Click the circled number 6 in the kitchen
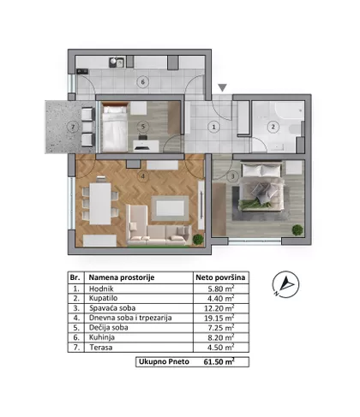tap(143, 82)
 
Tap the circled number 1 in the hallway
tap(213, 127)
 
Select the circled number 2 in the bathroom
tap(273, 127)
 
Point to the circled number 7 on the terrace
tap(73, 127)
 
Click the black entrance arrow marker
tap(222, 87)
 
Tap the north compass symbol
tap(285, 284)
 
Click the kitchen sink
tap(117, 63)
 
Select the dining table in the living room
tap(100, 204)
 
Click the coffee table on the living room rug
tap(170, 208)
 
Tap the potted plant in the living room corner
tap(198, 240)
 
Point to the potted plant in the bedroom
tap(297, 229)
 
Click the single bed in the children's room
tap(115, 128)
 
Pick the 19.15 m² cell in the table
tap(219, 318)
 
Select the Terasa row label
tap(101, 348)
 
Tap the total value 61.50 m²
tap(219, 361)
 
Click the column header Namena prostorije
tap(122, 277)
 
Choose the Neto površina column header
tap(220, 277)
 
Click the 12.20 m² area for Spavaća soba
tap(219, 308)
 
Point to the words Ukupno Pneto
tap(164, 361)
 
